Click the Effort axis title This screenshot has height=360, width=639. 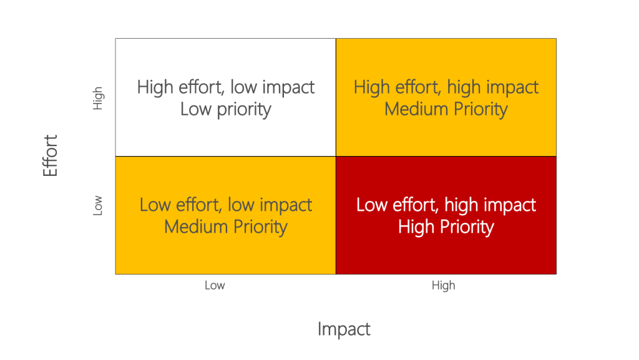pyautogui.click(x=51, y=155)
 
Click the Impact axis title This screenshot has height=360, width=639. pyautogui.click(x=344, y=329)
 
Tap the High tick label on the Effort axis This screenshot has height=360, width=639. pyautogui.click(x=98, y=99)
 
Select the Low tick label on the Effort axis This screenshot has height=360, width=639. pyautogui.click(x=98, y=206)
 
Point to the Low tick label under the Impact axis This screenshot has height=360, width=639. pyautogui.click(x=214, y=286)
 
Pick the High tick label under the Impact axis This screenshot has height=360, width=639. pyautogui.click(x=443, y=286)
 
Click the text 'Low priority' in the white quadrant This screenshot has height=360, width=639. pyautogui.click(x=226, y=109)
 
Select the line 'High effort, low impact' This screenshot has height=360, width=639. pyautogui.click(x=226, y=87)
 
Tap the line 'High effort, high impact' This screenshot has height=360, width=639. pyautogui.click(x=446, y=87)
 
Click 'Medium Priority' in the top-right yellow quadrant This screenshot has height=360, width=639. pyautogui.click(x=446, y=109)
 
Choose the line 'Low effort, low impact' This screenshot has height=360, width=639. pyautogui.click(x=226, y=205)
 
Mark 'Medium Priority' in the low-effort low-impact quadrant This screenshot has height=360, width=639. pyautogui.click(x=226, y=226)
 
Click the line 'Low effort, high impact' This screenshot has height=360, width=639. pyautogui.click(x=446, y=205)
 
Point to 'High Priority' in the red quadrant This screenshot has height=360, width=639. pyautogui.click(x=446, y=226)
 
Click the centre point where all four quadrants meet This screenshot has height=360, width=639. pyautogui.click(x=336, y=156)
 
